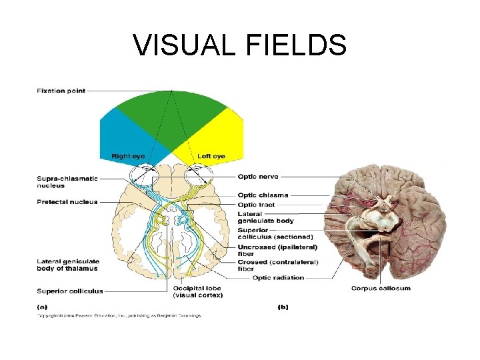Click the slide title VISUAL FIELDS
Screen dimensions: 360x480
240,45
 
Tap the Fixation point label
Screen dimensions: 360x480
61,91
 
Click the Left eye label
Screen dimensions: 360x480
211,156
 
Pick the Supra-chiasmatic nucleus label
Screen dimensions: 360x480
67,181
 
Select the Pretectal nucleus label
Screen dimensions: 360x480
67,202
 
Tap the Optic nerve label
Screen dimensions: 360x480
258,177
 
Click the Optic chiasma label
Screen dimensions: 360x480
263,195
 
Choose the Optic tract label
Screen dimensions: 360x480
256,204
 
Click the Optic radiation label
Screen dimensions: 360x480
278,278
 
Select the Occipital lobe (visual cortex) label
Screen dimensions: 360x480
198,291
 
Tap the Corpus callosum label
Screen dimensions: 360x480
381,288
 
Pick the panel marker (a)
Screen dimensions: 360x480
42,307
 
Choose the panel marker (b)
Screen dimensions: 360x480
282,307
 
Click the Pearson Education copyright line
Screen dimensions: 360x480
119,315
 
